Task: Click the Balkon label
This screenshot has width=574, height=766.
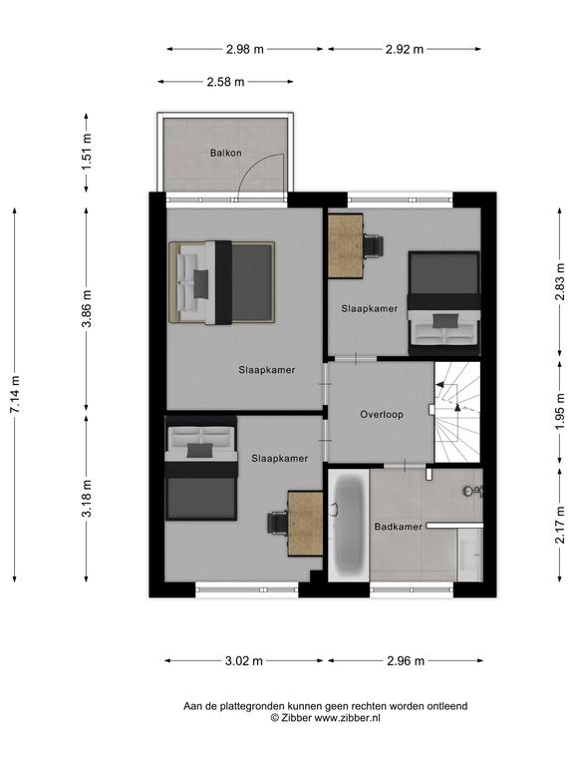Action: point(225,153)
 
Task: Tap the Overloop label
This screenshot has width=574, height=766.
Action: point(382,414)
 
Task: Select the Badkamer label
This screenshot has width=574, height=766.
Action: point(399,527)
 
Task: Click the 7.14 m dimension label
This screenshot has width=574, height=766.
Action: point(15,394)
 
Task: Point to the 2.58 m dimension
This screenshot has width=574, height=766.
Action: point(225,82)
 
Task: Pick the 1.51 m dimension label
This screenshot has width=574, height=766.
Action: point(87,152)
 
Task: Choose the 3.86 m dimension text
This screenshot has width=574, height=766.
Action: point(87,309)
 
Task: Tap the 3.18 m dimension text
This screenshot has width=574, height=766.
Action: point(87,499)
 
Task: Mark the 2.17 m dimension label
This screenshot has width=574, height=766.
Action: point(560,525)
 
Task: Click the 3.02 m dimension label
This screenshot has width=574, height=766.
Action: point(244,661)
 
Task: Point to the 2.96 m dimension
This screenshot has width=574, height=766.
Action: point(406,661)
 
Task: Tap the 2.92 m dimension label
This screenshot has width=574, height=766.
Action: point(405,49)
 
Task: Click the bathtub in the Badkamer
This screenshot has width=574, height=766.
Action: point(349,526)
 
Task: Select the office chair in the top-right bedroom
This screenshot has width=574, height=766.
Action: point(373,244)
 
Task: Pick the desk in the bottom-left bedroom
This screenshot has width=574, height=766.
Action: point(306,524)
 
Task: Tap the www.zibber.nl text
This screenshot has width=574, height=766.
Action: point(347,718)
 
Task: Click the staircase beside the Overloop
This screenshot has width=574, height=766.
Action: point(457,412)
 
